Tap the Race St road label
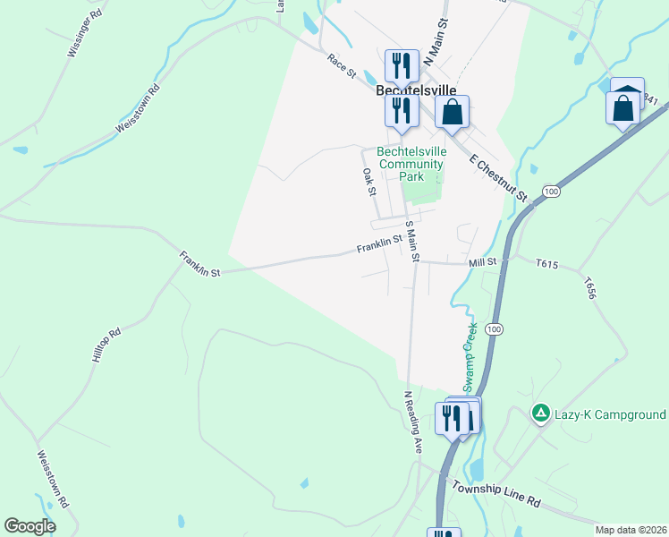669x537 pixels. pyautogui.click(x=342, y=64)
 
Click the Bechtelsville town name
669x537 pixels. pyautogui.click(x=416, y=91)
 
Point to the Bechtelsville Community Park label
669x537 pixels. pyautogui.click(x=411, y=164)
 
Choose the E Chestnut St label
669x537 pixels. pyautogui.click(x=499, y=175)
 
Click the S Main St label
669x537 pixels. pyautogui.click(x=412, y=242)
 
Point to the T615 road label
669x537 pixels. pyautogui.click(x=546, y=264)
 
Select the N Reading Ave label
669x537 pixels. pyautogui.click(x=412, y=422)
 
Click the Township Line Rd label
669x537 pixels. pyautogui.click(x=496, y=494)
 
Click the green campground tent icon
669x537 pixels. pyautogui.click(x=540, y=413)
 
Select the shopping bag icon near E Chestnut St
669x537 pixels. pyautogui.click(x=453, y=113)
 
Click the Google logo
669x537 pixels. pyautogui.click(x=30, y=526)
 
